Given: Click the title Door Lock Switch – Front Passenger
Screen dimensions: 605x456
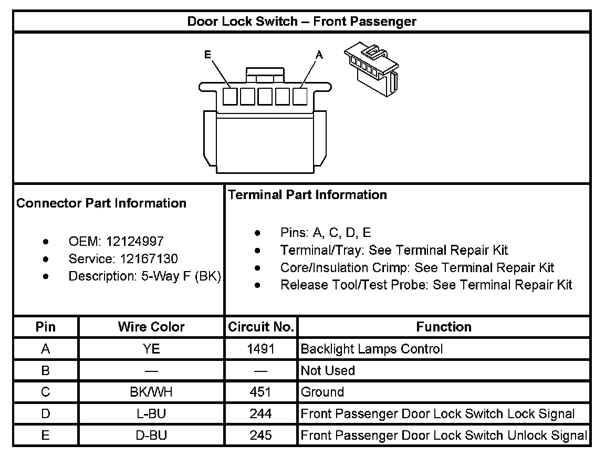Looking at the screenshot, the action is point(302,22).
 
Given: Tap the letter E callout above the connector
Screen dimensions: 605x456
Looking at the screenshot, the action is point(208,54).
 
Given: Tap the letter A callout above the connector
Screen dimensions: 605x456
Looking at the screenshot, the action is point(318,54).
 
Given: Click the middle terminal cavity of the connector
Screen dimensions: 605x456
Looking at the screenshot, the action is point(265,97).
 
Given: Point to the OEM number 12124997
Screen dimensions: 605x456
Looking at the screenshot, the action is point(135,242).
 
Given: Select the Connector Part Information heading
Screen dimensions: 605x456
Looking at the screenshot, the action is point(101,203).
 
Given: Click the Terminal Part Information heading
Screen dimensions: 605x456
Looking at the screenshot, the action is point(307,195).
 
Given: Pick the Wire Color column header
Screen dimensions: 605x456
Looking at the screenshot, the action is point(151,327).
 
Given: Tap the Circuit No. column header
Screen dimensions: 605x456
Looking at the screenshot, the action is point(260,327).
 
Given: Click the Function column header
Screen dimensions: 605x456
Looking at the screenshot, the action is point(444,327).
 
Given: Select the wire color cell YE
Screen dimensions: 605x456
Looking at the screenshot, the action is point(151,349).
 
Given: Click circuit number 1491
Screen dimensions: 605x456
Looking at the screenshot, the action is point(260,349).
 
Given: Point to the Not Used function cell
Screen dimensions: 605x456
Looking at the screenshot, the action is point(328,370).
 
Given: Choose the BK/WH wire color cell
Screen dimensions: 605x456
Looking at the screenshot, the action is point(151,392).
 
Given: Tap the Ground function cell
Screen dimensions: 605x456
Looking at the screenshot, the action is point(322,392).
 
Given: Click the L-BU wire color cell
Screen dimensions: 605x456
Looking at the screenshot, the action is point(151,413).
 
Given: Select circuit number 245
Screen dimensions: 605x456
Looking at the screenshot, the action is point(260,435).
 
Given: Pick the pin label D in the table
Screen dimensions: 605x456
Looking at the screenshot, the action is point(46,413).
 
